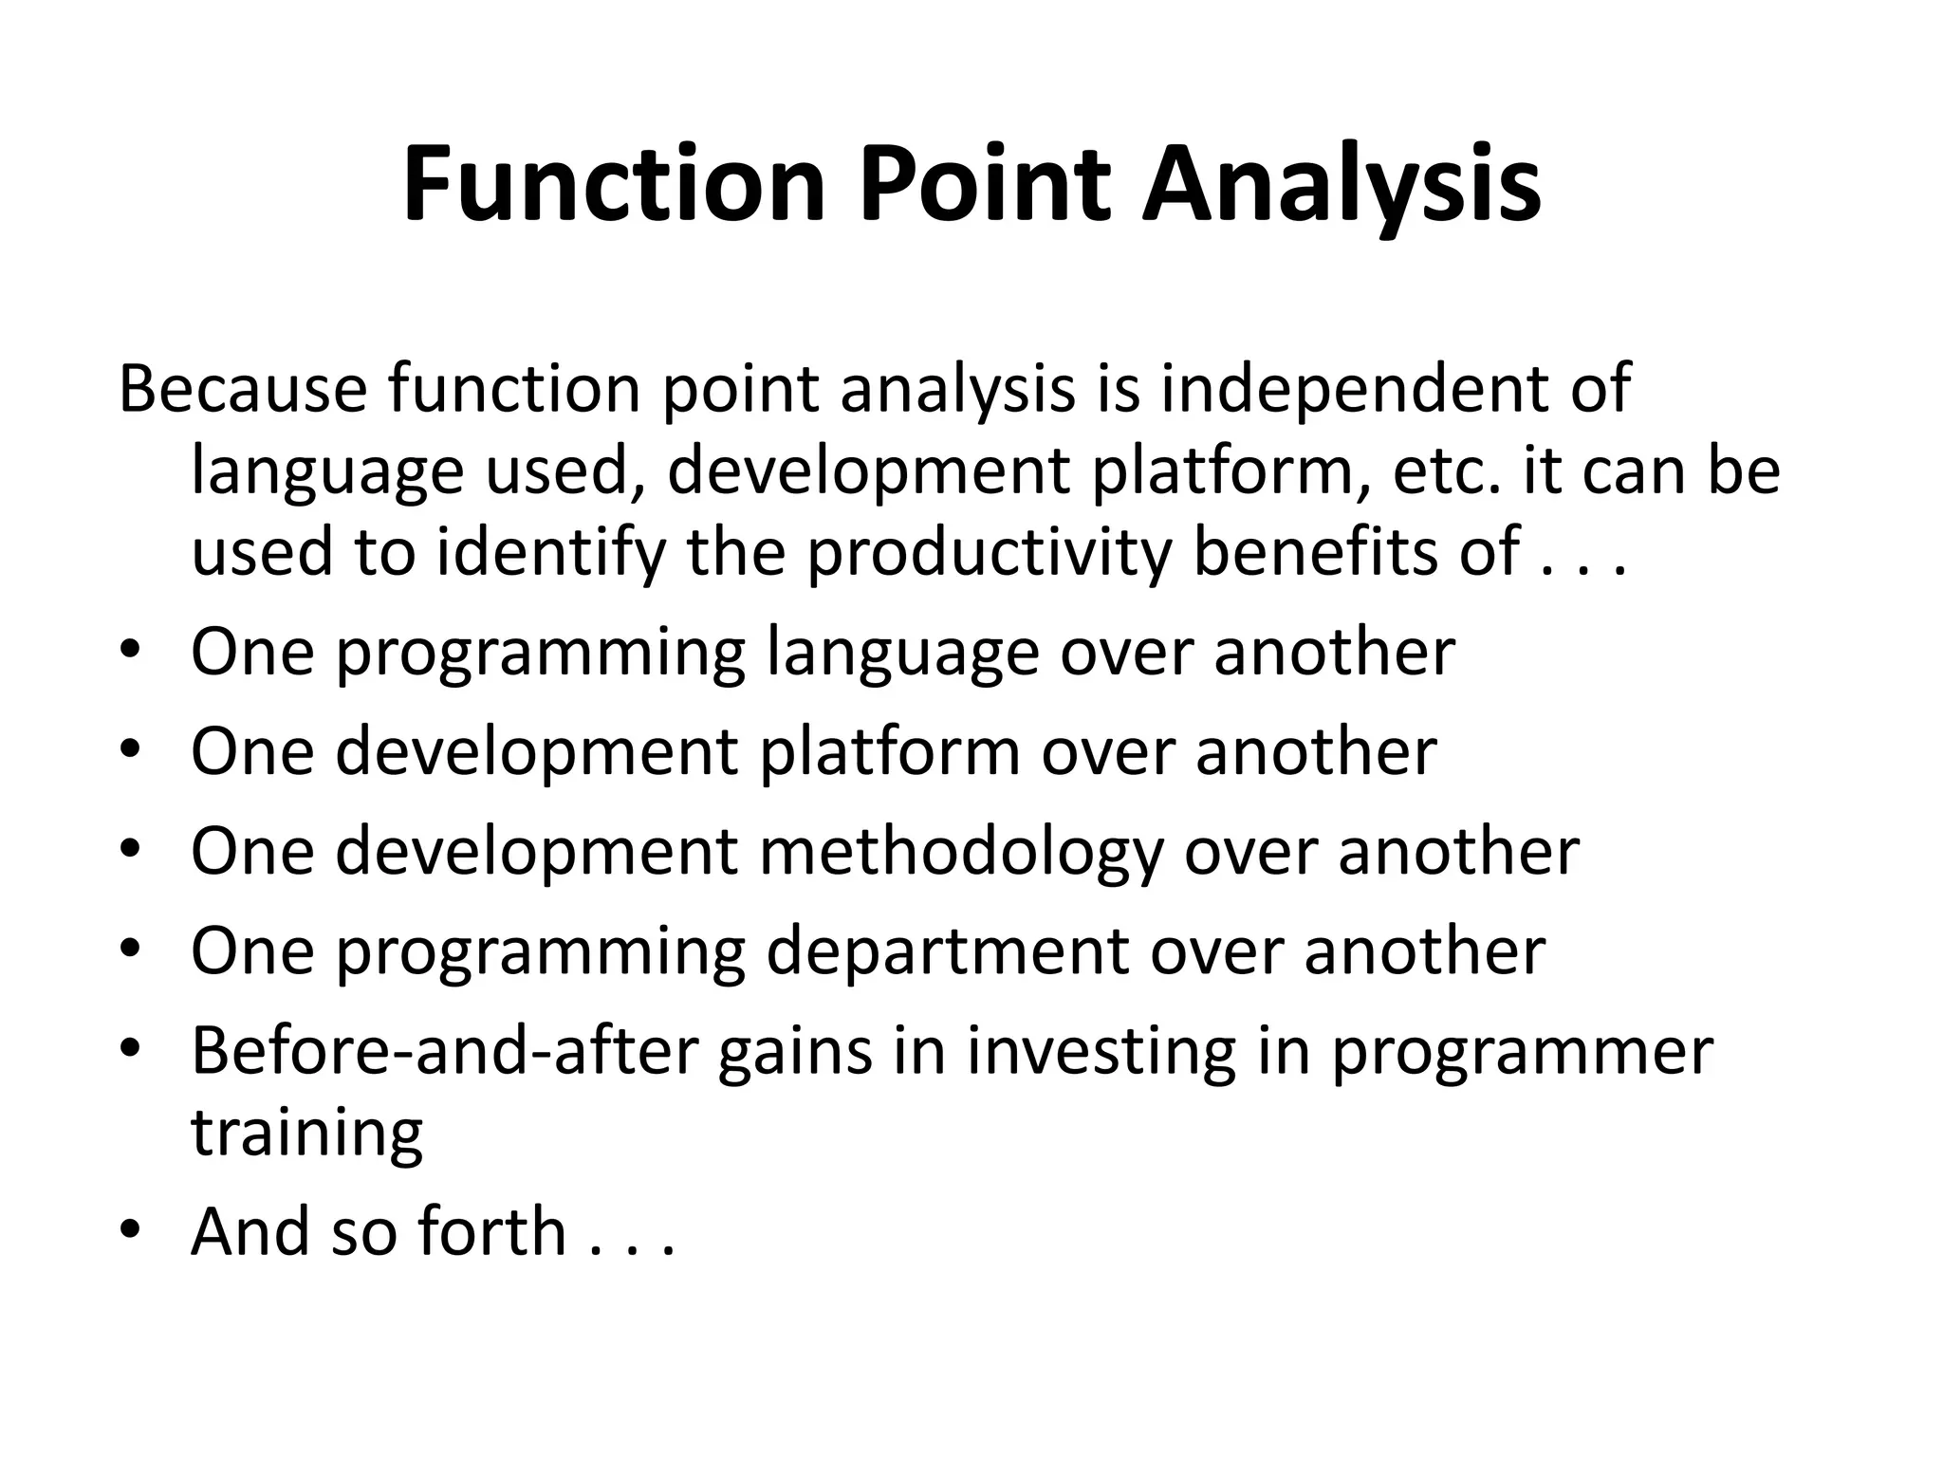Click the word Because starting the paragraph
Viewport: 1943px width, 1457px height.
point(242,389)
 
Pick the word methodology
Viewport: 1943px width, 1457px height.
point(960,851)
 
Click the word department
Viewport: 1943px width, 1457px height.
point(947,951)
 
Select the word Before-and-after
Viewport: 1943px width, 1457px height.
point(444,1051)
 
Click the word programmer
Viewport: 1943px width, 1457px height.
point(1522,1051)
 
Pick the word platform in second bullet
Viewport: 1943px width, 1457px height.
point(890,751)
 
